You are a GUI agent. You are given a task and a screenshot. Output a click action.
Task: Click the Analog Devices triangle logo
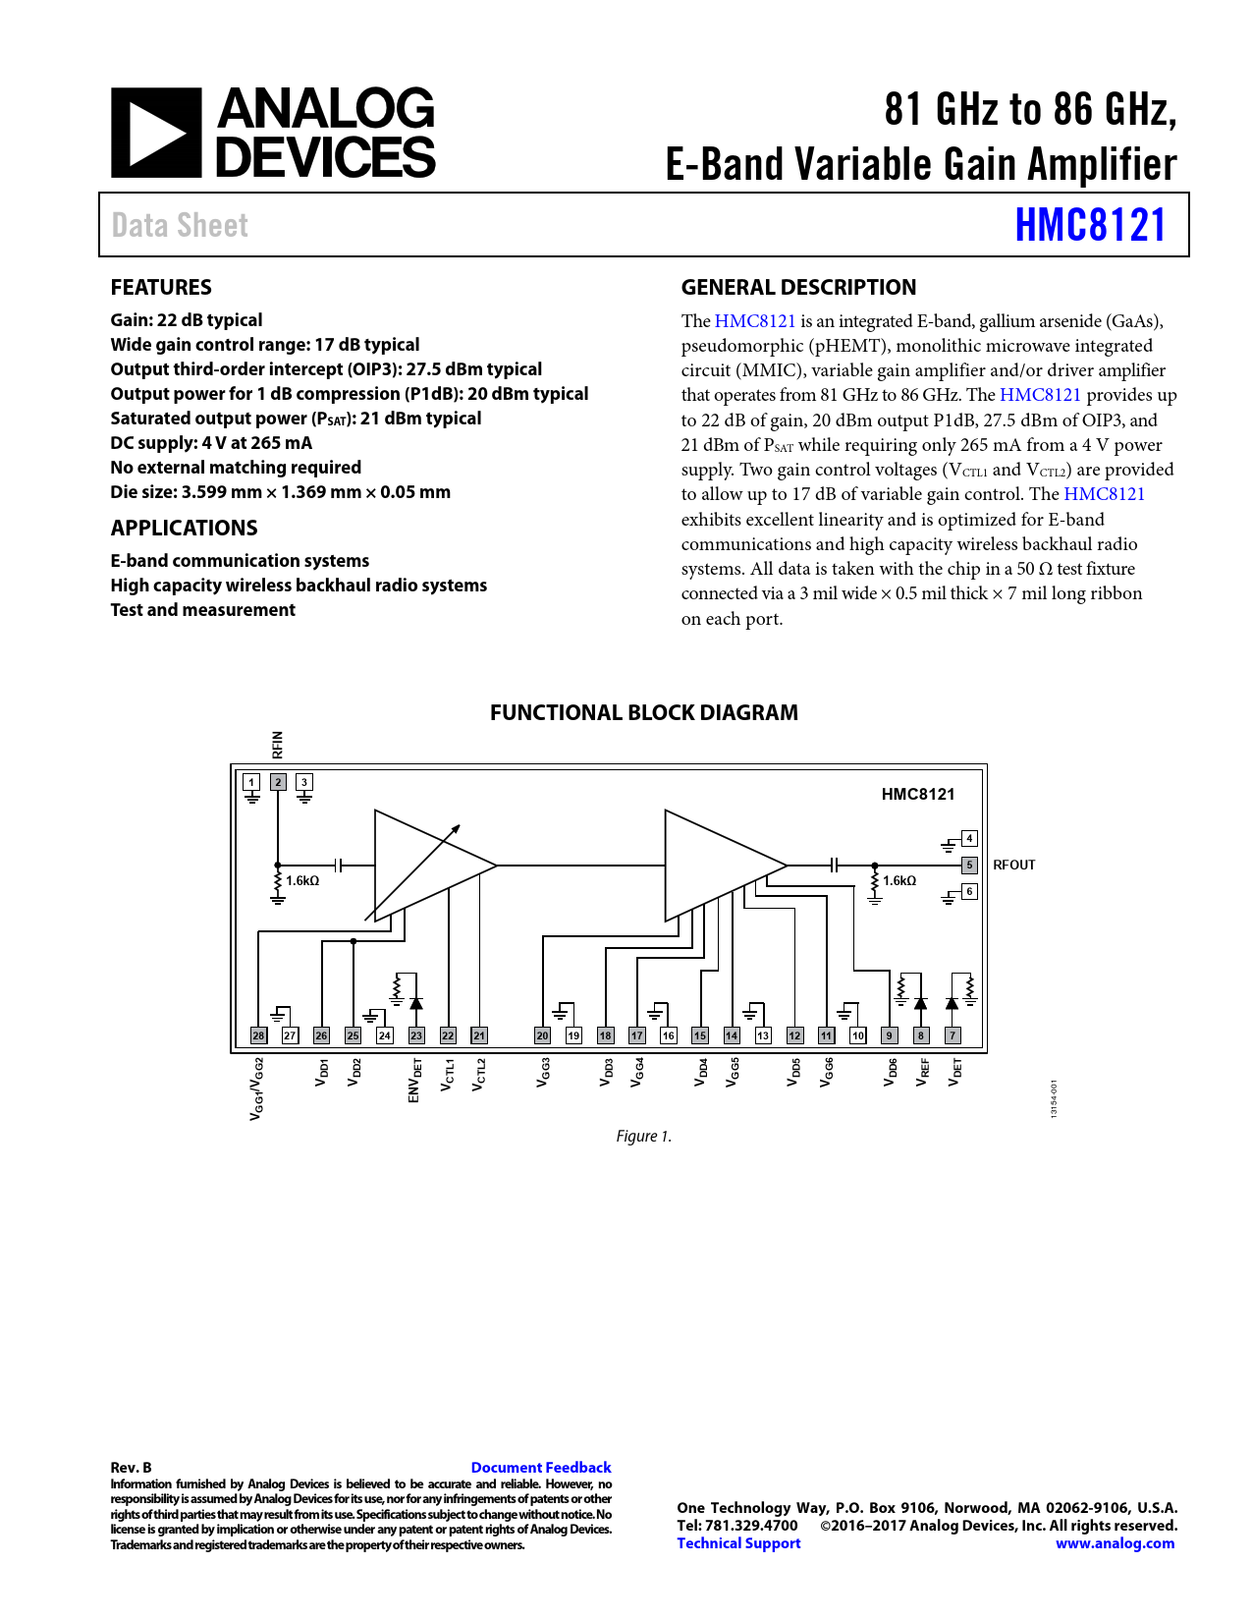point(156,133)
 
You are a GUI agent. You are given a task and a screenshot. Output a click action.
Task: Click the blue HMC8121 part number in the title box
point(1090,225)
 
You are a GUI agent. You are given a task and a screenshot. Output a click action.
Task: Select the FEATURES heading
point(161,288)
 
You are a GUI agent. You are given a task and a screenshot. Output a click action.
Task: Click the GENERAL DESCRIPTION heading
point(798,288)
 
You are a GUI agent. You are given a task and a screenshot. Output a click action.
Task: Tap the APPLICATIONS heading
point(184,529)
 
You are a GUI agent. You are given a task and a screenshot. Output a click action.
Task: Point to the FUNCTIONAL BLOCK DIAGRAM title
point(643,713)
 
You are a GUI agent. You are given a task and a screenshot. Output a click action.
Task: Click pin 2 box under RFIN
point(278,783)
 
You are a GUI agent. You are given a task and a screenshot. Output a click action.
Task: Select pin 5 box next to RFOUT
point(969,866)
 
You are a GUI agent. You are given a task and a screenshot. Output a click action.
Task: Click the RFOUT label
point(1013,866)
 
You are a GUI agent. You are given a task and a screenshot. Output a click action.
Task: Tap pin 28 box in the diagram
point(258,1035)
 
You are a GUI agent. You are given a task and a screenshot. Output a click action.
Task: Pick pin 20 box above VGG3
point(542,1035)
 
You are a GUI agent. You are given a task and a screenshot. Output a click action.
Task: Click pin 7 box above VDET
point(952,1035)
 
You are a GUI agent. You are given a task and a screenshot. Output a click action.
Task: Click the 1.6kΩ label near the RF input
point(302,881)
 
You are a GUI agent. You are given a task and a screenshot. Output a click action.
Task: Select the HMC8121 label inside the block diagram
point(917,795)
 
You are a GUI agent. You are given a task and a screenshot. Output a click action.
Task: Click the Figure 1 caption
point(643,1137)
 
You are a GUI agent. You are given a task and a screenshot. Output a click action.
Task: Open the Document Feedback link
point(541,1468)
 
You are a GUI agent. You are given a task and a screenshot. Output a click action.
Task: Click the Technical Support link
point(738,1543)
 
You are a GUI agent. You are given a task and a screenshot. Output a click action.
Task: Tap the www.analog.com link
point(1115,1543)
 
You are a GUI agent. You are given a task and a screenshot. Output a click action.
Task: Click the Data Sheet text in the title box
point(180,226)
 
